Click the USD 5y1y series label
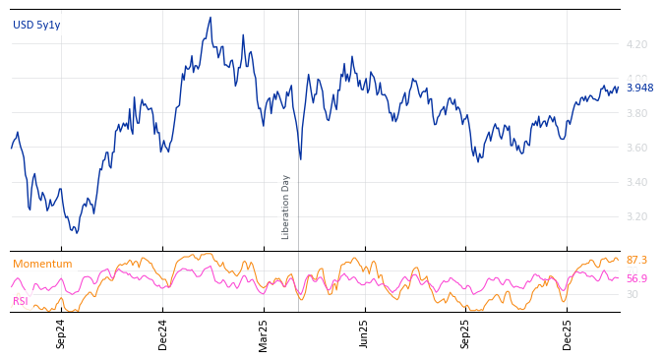click(36, 26)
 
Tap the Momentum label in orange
click(42, 265)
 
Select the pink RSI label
click(21, 301)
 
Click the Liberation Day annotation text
click(286, 207)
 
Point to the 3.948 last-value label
click(639, 89)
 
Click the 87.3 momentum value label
click(636, 261)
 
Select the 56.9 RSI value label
click(636, 279)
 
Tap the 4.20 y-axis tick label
click(636, 45)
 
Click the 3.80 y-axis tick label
click(636, 114)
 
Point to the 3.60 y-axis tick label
click(636, 149)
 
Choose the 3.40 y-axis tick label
click(636, 183)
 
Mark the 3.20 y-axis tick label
click(636, 217)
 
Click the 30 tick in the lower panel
click(632, 294)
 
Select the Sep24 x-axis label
click(61, 333)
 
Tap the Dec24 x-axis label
click(163, 333)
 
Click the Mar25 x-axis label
click(264, 333)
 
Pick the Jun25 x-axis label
click(365, 333)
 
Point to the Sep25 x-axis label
click(466, 333)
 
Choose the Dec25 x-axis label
click(568, 333)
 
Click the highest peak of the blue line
click(211, 18)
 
